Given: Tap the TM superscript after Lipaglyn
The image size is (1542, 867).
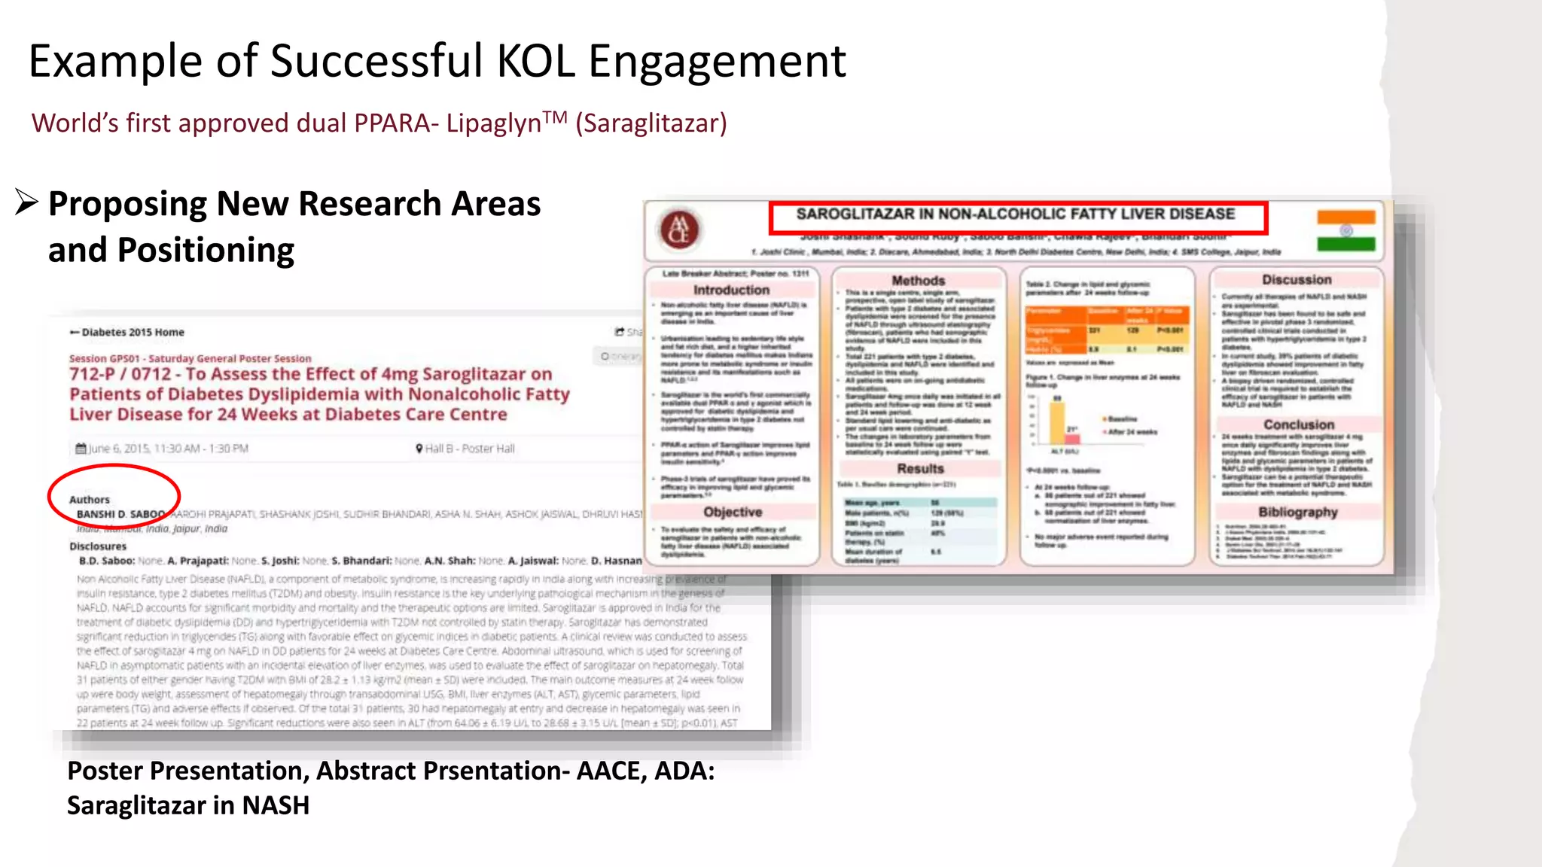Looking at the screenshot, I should tap(555, 117).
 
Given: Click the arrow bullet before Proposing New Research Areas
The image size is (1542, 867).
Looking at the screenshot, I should tap(26, 202).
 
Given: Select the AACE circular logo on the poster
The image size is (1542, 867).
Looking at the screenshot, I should tap(679, 230).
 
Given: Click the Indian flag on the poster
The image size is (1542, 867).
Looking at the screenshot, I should tap(1345, 230).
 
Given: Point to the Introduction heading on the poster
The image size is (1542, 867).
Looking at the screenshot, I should tap(731, 290).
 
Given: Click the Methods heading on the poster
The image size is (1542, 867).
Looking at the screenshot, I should tap(918, 281).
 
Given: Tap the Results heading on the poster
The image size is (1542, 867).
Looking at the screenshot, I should tap(919, 469).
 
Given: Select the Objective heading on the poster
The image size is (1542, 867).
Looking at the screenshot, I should tap(733, 512).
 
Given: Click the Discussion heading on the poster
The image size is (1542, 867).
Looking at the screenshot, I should tap(1297, 280).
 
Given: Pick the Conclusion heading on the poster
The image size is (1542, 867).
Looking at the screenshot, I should tap(1298, 424).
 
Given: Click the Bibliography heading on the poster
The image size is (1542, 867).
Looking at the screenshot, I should tap(1297, 512).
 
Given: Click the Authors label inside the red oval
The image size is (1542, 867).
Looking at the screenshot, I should tap(90, 500).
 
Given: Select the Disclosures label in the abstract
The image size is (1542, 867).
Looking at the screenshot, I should tap(98, 546).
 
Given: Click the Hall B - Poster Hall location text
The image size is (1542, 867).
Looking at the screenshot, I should tap(469, 449).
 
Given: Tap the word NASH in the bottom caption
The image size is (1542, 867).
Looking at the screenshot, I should tap(276, 805).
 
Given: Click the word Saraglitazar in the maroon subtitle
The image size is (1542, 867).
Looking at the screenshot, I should tap(651, 123).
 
